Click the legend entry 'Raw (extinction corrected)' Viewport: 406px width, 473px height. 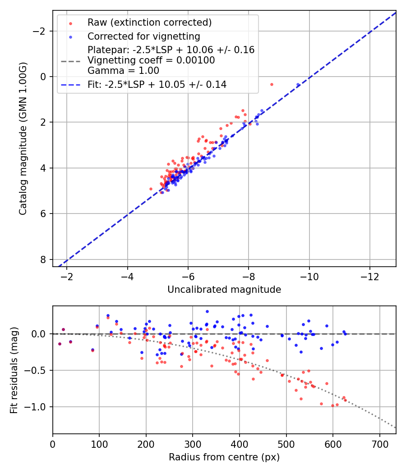tap(149, 23)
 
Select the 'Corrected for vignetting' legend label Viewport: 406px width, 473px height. tap(143, 36)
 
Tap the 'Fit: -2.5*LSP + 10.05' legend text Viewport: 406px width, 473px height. tap(157, 84)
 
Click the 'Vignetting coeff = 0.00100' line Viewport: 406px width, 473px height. tap(151, 60)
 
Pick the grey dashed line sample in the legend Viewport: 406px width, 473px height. tap(70, 60)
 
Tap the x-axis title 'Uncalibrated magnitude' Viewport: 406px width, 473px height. tap(224, 290)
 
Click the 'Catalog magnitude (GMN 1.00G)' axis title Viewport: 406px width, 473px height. tap(23, 138)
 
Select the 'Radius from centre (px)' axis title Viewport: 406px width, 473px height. tap(224, 457)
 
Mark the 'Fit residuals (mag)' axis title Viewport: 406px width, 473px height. tap(14, 370)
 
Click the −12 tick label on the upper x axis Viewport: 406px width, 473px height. tap(370, 276)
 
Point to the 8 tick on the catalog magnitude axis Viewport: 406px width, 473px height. tap(44, 259)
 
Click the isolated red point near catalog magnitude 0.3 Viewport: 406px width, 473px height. tap(272, 84)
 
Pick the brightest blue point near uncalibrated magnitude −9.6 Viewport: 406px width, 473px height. tap(298, 85)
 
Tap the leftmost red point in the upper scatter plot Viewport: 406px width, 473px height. tap(151, 189)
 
